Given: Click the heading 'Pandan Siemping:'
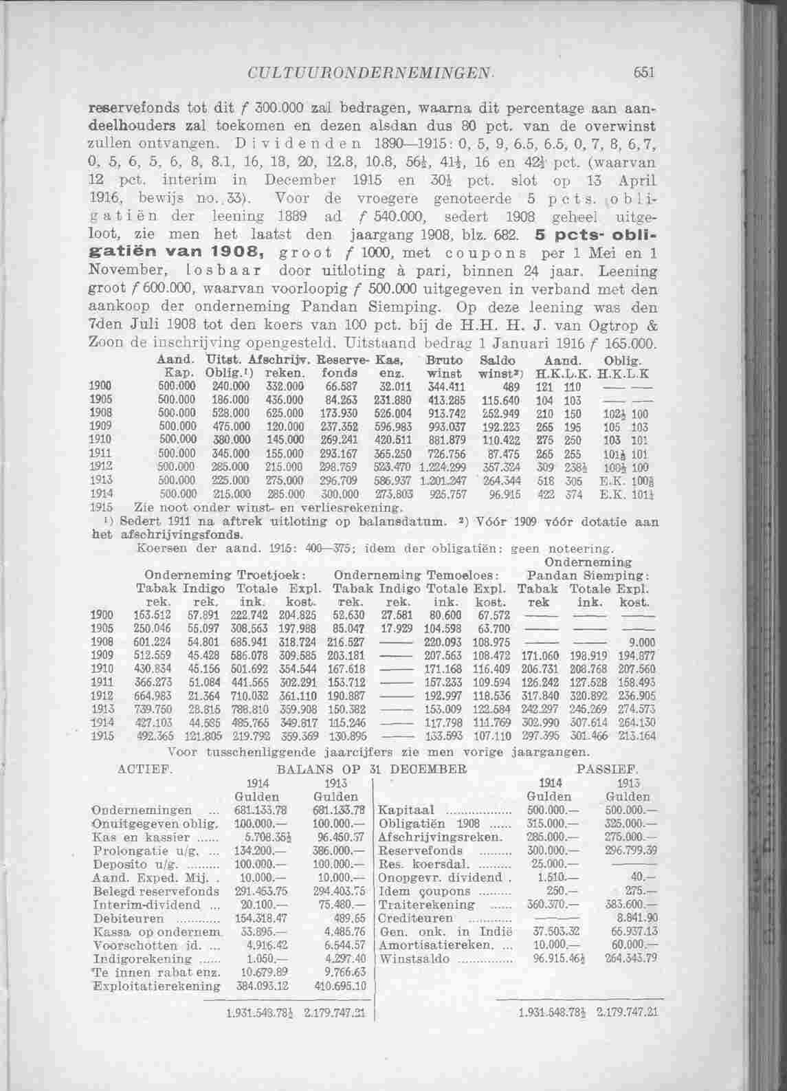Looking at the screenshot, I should click(x=589, y=574).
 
